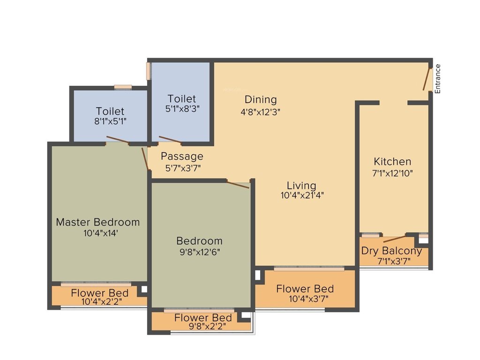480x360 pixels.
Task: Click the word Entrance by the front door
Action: [438, 79]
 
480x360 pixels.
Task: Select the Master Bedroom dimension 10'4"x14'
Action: [97, 232]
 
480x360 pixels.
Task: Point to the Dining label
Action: [261, 99]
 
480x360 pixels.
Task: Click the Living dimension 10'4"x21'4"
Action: [302, 195]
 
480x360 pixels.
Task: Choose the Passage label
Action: [182, 156]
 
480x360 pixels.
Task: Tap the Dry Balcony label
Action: [391, 251]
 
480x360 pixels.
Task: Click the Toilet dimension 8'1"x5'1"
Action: [110, 121]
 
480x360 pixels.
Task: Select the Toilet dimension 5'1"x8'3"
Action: [182, 109]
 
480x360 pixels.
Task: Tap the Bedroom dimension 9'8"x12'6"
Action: [199, 252]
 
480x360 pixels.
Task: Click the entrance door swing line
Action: [427, 80]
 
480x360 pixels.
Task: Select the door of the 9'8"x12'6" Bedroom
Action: [238, 184]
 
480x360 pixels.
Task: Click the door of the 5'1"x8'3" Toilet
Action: [170, 140]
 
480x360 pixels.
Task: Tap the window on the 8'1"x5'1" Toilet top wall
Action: [123, 87]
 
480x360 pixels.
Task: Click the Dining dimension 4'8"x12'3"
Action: [261, 112]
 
